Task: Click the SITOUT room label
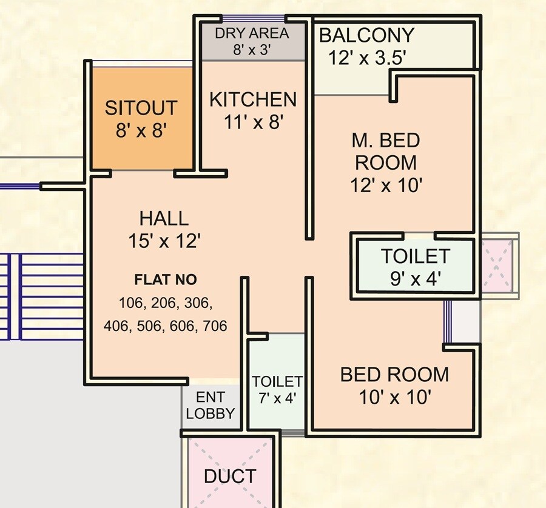pyautogui.click(x=141, y=109)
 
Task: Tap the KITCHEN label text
pyautogui.click(x=253, y=99)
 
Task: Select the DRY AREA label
pyautogui.click(x=252, y=33)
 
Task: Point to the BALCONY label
pyautogui.click(x=366, y=35)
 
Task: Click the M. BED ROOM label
pyautogui.click(x=386, y=152)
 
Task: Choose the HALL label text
pyautogui.click(x=164, y=218)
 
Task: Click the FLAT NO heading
pyautogui.click(x=165, y=280)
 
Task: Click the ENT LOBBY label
pyautogui.click(x=211, y=406)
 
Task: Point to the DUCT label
pyautogui.click(x=230, y=476)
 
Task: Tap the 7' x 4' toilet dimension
pyautogui.click(x=277, y=398)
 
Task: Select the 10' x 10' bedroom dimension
pyautogui.click(x=394, y=398)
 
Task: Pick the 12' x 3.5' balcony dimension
pyautogui.click(x=366, y=58)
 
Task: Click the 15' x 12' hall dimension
pyautogui.click(x=164, y=241)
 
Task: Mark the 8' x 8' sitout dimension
pyautogui.click(x=141, y=131)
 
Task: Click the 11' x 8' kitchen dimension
pyautogui.click(x=253, y=122)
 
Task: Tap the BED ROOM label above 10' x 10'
pyautogui.click(x=394, y=375)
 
